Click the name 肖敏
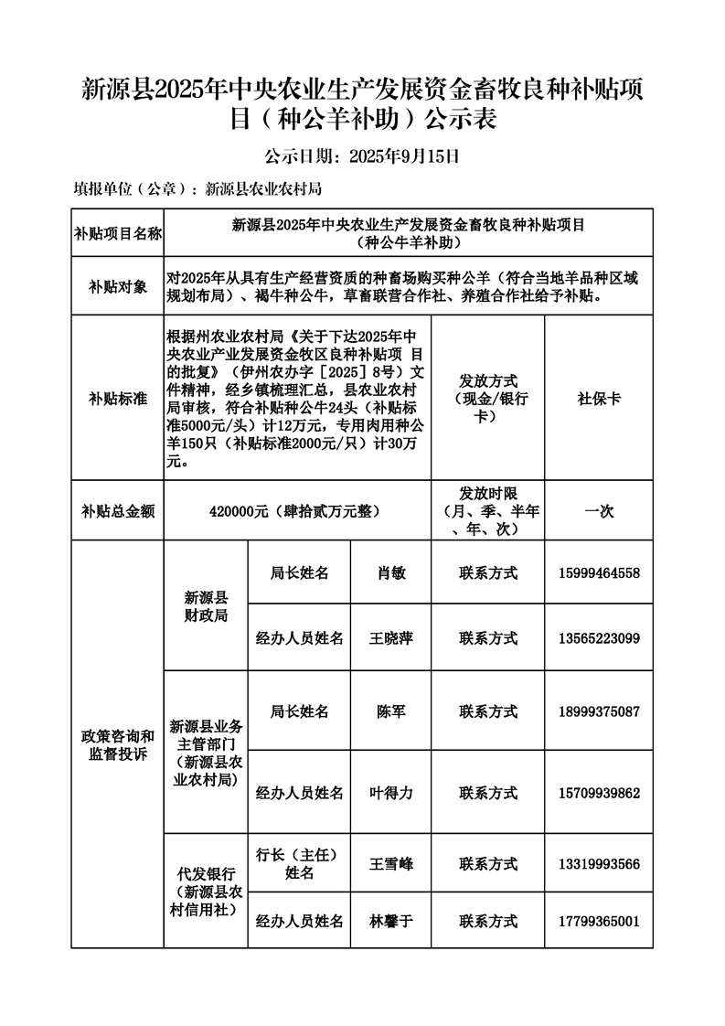pyautogui.click(x=390, y=573)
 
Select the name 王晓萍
pyautogui.click(x=390, y=637)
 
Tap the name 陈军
pyautogui.click(x=390, y=711)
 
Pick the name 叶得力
pyautogui.click(x=390, y=793)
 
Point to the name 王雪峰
pyautogui.click(x=390, y=863)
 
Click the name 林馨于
pyautogui.click(x=390, y=921)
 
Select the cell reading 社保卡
pyautogui.click(x=598, y=398)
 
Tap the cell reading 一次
pyautogui.click(x=598, y=510)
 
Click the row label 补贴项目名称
pyautogui.click(x=117, y=234)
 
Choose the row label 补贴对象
pyautogui.click(x=117, y=286)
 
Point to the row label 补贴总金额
pyautogui.click(x=117, y=510)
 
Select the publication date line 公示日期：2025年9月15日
pyautogui.click(x=361, y=155)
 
